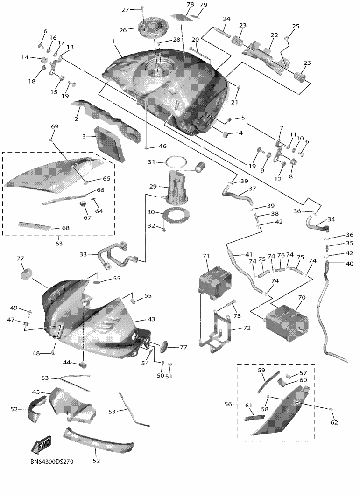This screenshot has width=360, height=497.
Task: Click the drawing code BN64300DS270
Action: [x=52, y=462]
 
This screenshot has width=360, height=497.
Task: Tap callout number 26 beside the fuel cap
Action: [x=123, y=30]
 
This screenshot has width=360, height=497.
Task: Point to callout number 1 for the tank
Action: [x=113, y=41]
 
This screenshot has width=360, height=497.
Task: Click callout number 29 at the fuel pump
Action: [x=153, y=186]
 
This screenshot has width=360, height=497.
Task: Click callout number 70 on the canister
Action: [x=302, y=298]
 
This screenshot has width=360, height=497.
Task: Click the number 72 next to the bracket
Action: [x=247, y=328]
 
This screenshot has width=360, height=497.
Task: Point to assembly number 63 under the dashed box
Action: [x=59, y=244]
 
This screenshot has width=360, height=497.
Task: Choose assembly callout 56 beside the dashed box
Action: [x=228, y=404]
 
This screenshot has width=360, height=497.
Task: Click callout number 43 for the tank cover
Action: [x=151, y=319]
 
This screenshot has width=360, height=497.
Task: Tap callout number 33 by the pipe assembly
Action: [x=83, y=254]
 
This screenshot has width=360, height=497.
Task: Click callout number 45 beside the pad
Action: [x=36, y=392]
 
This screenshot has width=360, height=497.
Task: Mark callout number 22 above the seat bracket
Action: [x=274, y=35]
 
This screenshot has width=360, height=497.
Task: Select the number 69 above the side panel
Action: [x=55, y=126]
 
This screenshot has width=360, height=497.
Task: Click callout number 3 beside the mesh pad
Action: [x=84, y=136]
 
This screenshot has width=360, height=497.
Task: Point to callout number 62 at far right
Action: [x=334, y=422]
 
